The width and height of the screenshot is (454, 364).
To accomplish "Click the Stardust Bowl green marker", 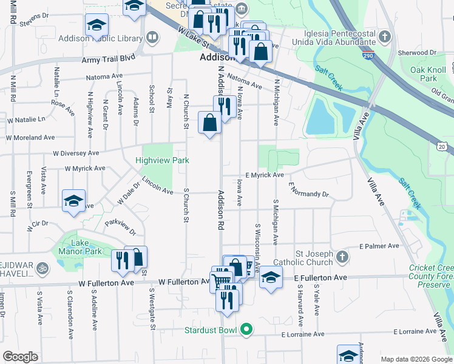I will pos(246,331).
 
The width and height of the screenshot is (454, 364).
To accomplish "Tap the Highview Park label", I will pos(163,160).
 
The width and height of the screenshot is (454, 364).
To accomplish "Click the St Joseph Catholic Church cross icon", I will pos(342,257).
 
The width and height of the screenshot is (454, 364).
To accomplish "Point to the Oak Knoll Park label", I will pos(424,74).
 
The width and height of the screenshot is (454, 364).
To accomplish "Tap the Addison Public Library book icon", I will pos(152,38).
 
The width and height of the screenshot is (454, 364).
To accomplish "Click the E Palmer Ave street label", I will pos(379,246).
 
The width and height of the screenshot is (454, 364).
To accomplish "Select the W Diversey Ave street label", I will pos(76,153).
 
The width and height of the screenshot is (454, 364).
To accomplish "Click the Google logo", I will pos(21,357).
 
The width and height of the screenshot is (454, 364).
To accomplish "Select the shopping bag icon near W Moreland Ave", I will pos(209,123).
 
